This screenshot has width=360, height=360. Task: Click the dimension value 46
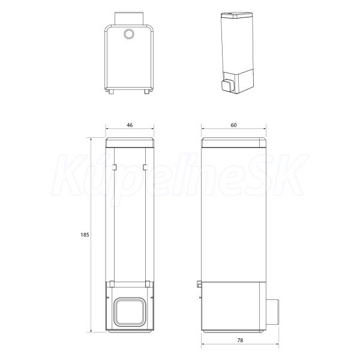coord(130,125)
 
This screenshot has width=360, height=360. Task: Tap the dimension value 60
coord(233,125)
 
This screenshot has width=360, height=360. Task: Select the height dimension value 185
coord(85,235)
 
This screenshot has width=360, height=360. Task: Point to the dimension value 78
coord(240,340)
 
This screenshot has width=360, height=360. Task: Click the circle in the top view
coord(128,34)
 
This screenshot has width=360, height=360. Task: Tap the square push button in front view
coord(130,312)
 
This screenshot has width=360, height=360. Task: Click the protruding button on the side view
coord(272,313)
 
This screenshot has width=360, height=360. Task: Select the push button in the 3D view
coord(227,85)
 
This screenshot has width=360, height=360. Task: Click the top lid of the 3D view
coord(236,16)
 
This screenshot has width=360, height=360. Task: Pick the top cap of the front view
coord(130,142)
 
